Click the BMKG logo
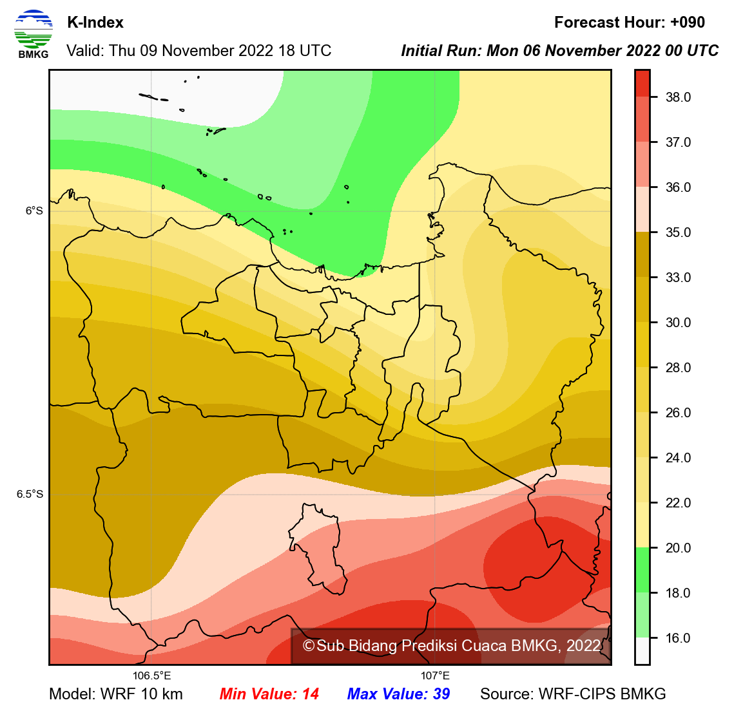click(x=33, y=34)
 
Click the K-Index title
click(x=95, y=23)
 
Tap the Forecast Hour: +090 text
click(x=629, y=23)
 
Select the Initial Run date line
click(x=559, y=51)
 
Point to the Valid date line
click(x=199, y=51)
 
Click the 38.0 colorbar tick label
click(x=678, y=97)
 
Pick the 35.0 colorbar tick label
click(x=678, y=232)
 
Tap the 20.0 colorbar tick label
click(x=678, y=548)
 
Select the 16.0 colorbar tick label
click(x=678, y=638)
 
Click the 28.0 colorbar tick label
click(x=678, y=368)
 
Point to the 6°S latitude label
click(x=35, y=211)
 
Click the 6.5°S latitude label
click(x=30, y=494)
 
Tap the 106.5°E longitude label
click(x=152, y=675)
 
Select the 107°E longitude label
click(x=436, y=675)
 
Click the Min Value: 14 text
click(x=269, y=694)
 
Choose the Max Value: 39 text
click(x=398, y=694)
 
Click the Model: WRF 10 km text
click(x=116, y=694)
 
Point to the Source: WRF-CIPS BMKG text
click(x=573, y=694)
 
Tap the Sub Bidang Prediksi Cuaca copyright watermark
click(x=452, y=646)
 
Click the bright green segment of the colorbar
click(x=642, y=570)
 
